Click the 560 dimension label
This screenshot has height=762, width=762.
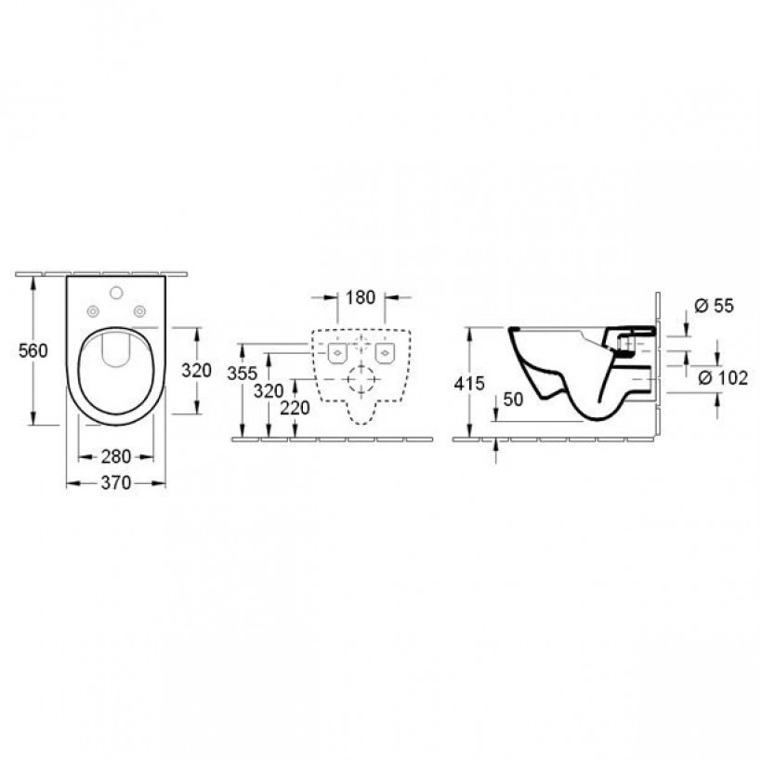coord(33,350)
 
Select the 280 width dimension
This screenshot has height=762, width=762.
coord(116,456)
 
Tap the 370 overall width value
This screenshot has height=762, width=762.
coord(116,482)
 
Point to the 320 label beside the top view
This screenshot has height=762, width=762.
coord(196,370)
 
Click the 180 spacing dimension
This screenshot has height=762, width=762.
coord(361,297)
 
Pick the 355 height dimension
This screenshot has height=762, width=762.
coord(242,374)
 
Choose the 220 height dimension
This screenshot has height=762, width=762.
coord(295,408)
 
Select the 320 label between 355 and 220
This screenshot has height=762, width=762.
coord(269,390)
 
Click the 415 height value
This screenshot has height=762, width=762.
coord(469,384)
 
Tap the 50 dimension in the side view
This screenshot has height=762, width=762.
coord(513,399)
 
